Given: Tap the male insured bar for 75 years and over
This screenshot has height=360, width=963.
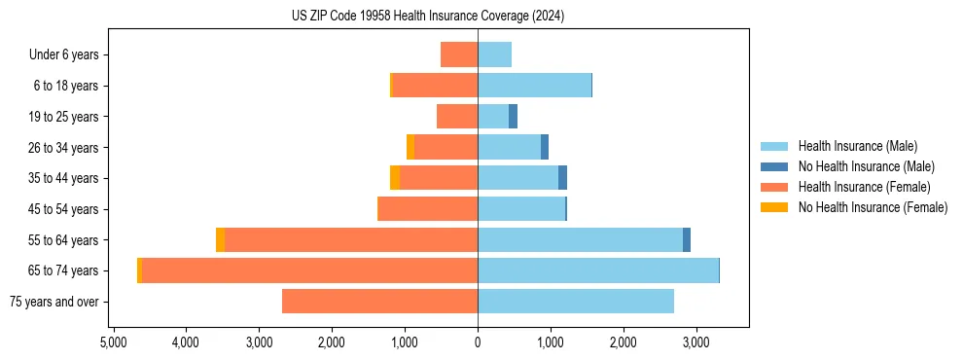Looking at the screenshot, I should (576, 302).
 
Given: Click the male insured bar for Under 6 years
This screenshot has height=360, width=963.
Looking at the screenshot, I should (494, 54).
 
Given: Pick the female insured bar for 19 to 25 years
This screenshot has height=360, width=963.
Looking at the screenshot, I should (457, 117).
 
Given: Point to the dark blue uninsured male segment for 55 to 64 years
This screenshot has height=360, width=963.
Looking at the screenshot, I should (687, 240).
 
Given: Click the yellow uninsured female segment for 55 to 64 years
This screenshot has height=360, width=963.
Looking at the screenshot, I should (220, 240).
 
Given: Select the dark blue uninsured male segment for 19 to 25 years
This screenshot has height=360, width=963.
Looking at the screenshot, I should (513, 117).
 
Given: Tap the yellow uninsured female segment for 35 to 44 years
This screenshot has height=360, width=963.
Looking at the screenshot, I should (395, 178).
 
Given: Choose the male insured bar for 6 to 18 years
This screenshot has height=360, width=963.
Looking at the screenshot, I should (534, 86).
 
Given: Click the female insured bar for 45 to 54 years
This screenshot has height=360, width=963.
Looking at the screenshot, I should (427, 209).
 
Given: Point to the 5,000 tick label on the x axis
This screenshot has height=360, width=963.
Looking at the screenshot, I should (113, 342).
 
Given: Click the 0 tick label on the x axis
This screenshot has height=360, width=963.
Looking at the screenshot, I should (478, 342).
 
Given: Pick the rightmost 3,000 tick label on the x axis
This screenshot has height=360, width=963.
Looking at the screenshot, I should (695, 342).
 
